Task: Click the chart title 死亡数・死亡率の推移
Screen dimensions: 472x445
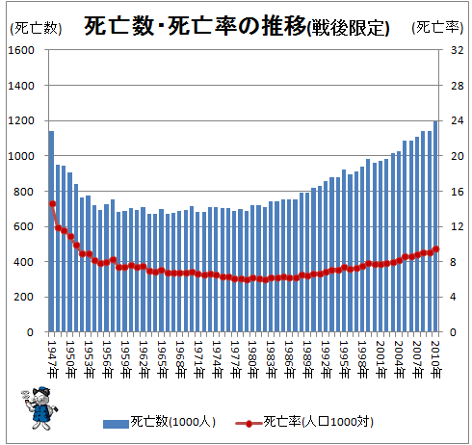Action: coord(195,26)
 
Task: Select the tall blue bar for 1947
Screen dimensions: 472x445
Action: coord(51,231)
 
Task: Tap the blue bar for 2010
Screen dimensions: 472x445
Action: coord(435,226)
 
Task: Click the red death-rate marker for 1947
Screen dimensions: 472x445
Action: coord(53,204)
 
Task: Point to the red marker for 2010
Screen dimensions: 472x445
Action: coord(436,249)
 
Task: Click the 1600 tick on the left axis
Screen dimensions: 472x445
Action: coord(21,50)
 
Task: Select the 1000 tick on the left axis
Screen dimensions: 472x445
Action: coord(21,156)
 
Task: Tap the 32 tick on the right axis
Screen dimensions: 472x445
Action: coord(457,50)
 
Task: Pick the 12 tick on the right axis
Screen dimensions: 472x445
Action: coord(457,227)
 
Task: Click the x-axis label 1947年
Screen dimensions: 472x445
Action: coord(52,359)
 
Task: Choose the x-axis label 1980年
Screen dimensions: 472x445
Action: coord(253,359)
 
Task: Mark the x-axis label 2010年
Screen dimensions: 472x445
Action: coord(436,359)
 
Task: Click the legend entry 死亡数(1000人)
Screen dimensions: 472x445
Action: coord(159,423)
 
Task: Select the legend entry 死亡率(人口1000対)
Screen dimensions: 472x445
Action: coord(304,423)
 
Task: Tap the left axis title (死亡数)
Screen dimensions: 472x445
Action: coord(36,28)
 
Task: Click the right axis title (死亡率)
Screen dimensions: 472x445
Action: coord(437,28)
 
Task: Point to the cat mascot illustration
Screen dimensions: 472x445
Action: coord(39,408)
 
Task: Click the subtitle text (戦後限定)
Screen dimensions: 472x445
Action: coord(348,28)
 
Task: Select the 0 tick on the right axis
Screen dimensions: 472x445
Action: coord(453,332)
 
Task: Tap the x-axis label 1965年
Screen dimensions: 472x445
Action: coord(162,359)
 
